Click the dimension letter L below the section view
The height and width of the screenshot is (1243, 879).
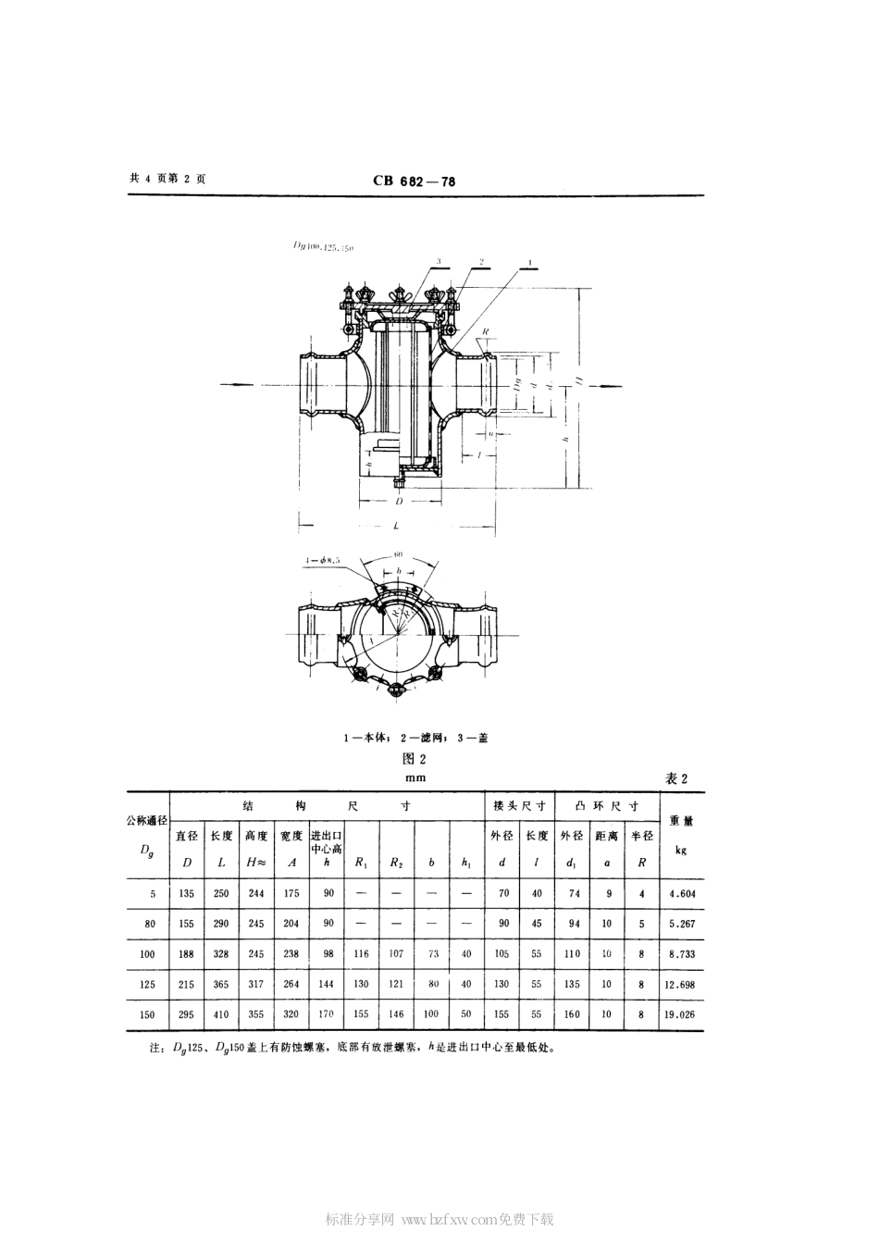pyautogui.click(x=395, y=525)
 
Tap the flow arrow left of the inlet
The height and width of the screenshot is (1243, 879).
pyautogui.click(x=242, y=383)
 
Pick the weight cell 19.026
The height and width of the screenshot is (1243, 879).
pyautogui.click(x=678, y=1014)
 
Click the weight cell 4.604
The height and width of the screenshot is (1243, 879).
pyautogui.click(x=678, y=894)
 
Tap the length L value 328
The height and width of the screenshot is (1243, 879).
pyautogui.click(x=220, y=953)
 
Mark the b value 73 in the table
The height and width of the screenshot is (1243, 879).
pyautogui.click(x=431, y=953)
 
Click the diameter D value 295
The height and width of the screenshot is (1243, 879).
pyautogui.click(x=186, y=1014)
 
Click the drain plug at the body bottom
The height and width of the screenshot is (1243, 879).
pyautogui.click(x=398, y=481)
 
